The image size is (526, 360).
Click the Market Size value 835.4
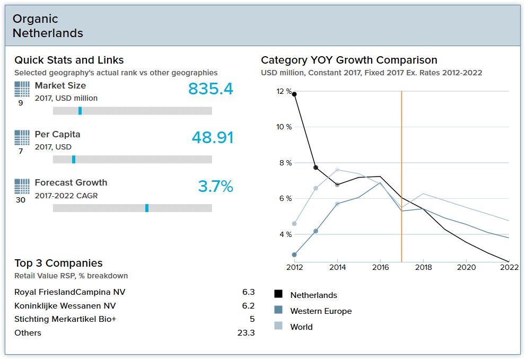click(x=211, y=89)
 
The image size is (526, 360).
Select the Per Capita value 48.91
click(x=212, y=137)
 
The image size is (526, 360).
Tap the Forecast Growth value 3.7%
click(x=215, y=186)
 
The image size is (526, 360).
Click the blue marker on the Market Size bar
click(x=80, y=111)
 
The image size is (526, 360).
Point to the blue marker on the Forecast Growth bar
click(x=147, y=208)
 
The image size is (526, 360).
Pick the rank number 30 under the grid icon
click(x=21, y=200)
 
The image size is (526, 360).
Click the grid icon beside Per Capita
click(x=22, y=138)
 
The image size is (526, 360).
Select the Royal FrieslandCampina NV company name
click(x=70, y=292)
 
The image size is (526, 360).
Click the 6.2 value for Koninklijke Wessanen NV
click(x=248, y=306)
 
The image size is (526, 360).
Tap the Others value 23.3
click(x=246, y=333)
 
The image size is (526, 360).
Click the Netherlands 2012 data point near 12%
click(x=294, y=94)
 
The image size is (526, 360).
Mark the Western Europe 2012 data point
click(x=294, y=254)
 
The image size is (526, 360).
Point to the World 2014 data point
click(x=337, y=170)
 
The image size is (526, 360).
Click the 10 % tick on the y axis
click(x=284, y=127)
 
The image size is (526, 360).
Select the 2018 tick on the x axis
click(x=423, y=268)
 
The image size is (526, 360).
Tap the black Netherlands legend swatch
click(x=278, y=294)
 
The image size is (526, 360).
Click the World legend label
click(x=301, y=327)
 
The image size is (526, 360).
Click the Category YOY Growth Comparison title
click(x=349, y=60)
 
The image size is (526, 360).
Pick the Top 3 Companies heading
click(x=58, y=264)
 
